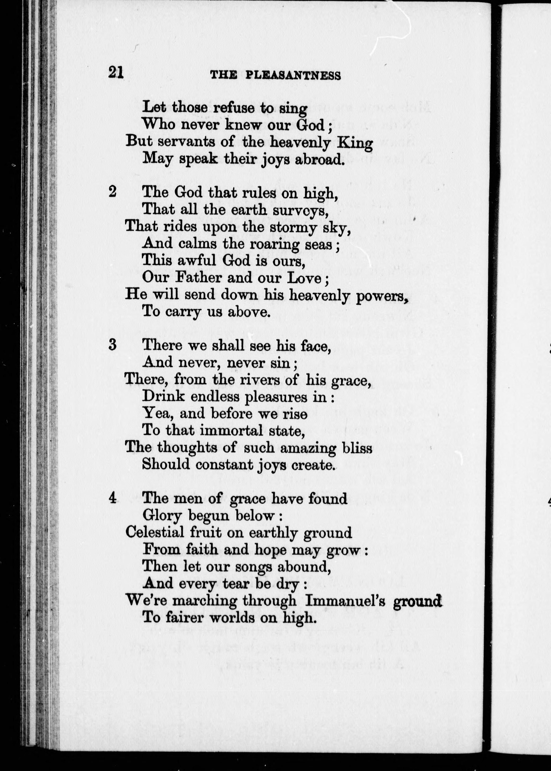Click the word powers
[x=381, y=296]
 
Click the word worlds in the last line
[x=232, y=618]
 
